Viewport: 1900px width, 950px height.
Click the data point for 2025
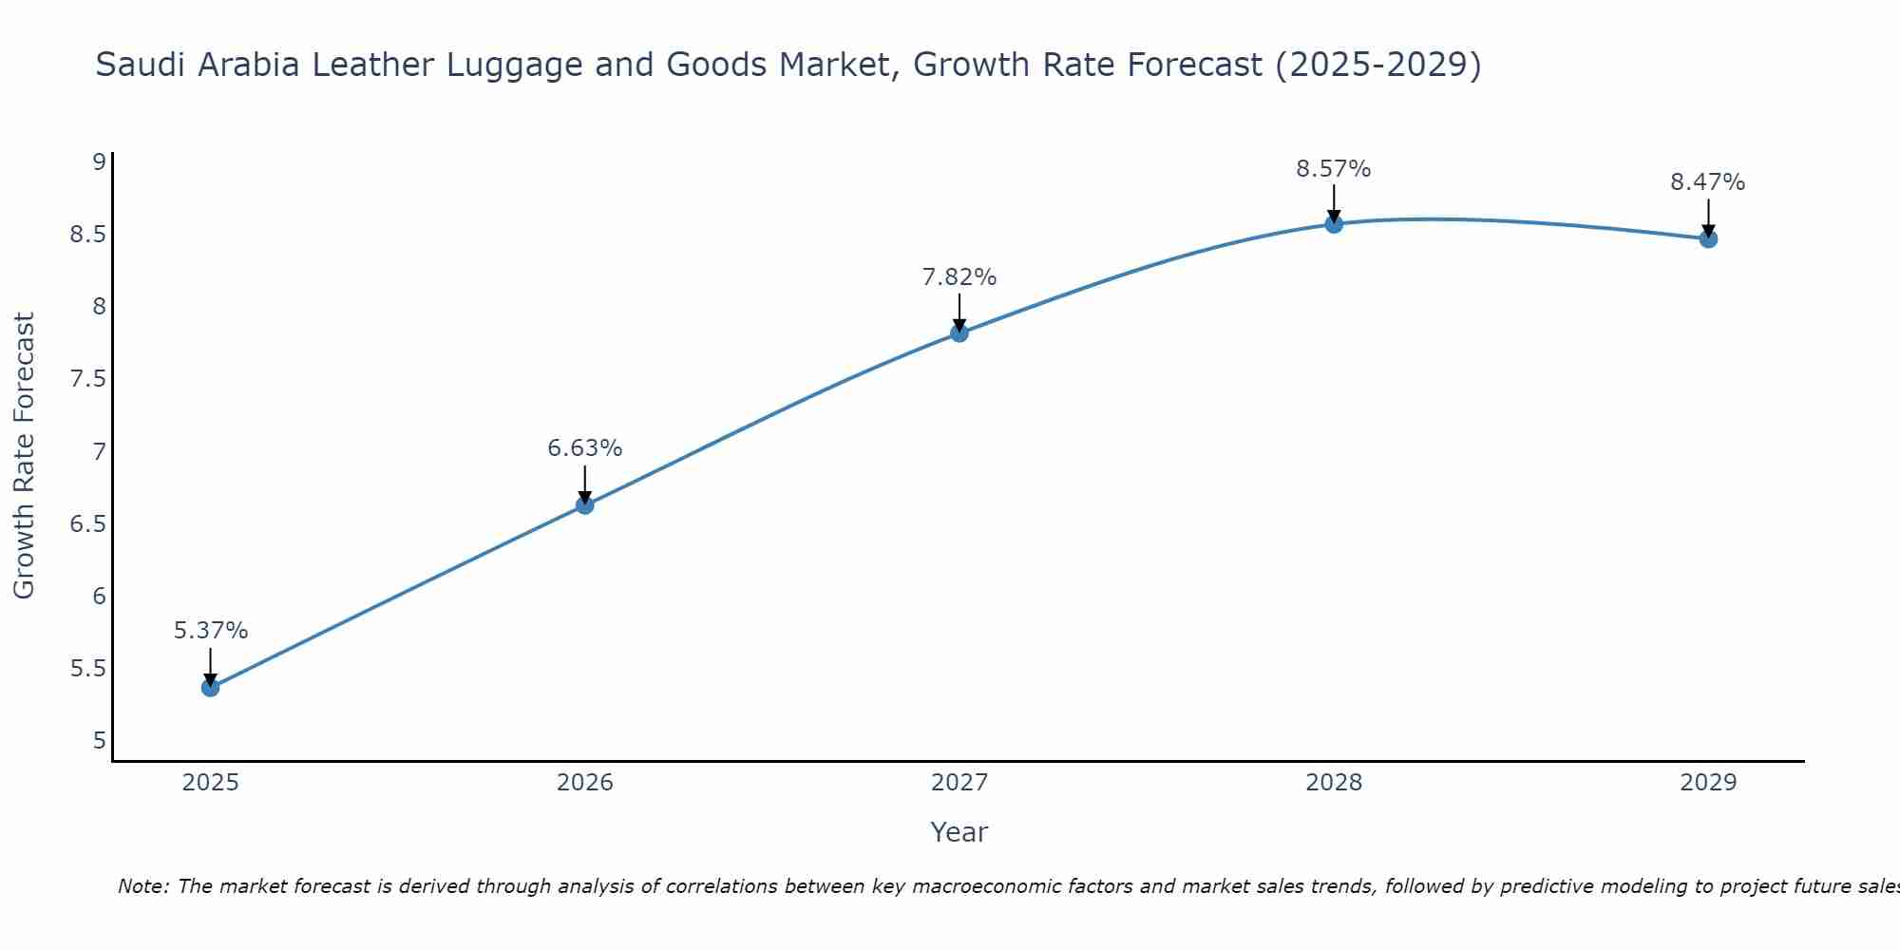click(x=210, y=687)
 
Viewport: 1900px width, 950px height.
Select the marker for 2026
click(x=584, y=504)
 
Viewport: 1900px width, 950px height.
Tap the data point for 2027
click(x=959, y=332)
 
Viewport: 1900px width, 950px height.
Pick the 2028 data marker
click(x=1333, y=224)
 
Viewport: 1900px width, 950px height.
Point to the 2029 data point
click(x=1707, y=238)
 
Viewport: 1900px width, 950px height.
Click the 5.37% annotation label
click(x=210, y=631)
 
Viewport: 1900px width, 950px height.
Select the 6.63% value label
click(x=584, y=447)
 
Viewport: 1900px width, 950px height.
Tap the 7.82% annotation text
click(x=959, y=277)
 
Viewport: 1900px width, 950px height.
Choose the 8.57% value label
click(x=1333, y=169)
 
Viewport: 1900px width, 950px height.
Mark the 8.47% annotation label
click(x=1707, y=182)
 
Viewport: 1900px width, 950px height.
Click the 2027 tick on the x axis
click(x=959, y=783)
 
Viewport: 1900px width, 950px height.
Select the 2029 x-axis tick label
click(x=1707, y=783)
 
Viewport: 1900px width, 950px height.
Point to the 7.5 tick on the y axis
click(x=86, y=379)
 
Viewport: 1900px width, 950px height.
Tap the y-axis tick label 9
click(x=98, y=161)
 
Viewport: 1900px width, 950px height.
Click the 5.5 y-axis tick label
click(x=86, y=669)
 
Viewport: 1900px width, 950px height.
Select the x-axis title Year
click(x=959, y=832)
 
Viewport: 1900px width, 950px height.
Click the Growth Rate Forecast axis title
click(x=25, y=456)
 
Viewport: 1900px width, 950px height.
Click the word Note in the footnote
click(x=142, y=886)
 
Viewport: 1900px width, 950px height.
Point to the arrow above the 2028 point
click(x=1333, y=202)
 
